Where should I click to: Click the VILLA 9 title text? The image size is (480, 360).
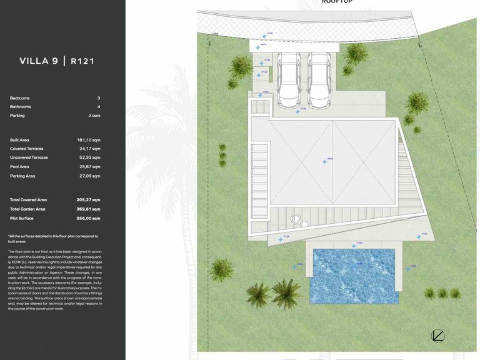click(x=39, y=61)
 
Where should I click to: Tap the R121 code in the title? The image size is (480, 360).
click(x=82, y=61)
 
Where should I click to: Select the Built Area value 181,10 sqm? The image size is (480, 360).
click(x=88, y=140)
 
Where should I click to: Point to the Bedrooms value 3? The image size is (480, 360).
click(x=98, y=98)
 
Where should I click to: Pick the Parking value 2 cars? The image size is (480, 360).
click(x=94, y=116)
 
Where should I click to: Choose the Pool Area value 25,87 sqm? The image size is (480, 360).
click(x=88, y=167)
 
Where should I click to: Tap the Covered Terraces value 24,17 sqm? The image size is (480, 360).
click(x=89, y=149)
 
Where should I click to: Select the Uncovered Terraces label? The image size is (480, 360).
click(x=29, y=157)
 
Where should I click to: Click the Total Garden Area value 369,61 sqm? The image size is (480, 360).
click(x=87, y=209)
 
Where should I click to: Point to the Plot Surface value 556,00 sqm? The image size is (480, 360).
click(x=87, y=218)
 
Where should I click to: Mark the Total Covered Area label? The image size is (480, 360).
click(x=28, y=199)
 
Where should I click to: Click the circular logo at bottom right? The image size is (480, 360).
click(x=437, y=336)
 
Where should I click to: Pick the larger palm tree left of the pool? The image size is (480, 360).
click(x=286, y=292)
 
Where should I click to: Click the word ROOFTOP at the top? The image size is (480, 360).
click(x=337, y=2)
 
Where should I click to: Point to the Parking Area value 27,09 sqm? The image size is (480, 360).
click(x=88, y=176)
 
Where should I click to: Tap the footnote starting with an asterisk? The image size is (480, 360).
click(x=53, y=238)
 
